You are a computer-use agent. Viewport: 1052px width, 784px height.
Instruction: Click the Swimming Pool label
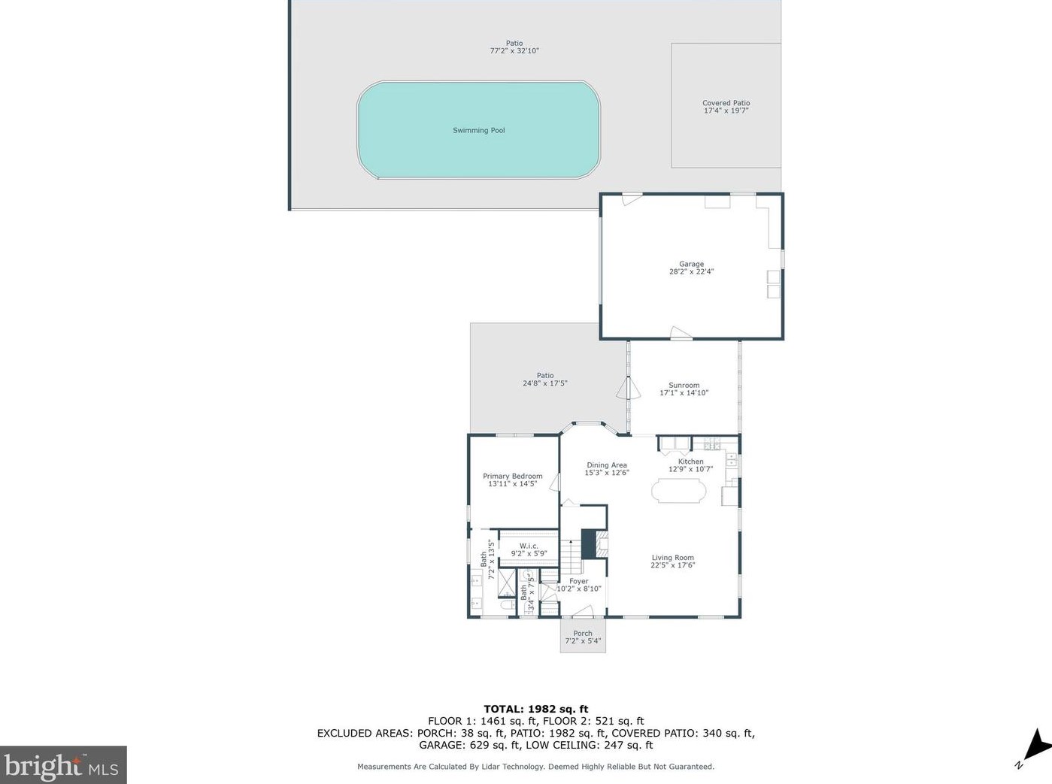(478, 131)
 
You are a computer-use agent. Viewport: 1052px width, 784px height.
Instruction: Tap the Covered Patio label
(726, 103)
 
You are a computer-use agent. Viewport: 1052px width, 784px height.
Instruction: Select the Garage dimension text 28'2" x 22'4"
(691, 272)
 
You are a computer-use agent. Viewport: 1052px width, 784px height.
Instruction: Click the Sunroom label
(684, 385)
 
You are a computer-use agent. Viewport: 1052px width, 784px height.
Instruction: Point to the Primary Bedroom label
(512, 476)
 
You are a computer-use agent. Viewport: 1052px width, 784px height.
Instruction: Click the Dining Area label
(606, 465)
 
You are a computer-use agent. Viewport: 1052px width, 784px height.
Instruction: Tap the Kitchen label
(690, 462)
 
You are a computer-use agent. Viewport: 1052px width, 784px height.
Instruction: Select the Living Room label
(672, 558)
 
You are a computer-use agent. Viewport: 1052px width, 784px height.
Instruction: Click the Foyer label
(578, 581)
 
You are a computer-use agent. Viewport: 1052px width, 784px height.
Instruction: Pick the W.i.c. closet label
(529, 546)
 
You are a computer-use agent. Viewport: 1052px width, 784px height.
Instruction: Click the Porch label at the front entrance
(583, 634)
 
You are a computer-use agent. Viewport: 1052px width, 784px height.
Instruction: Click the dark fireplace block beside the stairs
(588, 544)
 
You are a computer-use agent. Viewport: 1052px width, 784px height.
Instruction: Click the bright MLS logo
(62, 765)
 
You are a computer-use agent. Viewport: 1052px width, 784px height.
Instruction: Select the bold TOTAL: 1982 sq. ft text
(535, 709)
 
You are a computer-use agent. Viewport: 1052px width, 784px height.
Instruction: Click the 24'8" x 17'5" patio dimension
(544, 383)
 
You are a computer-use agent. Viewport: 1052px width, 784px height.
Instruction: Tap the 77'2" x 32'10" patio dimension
(514, 51)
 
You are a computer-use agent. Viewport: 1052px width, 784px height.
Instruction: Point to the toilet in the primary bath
(507, 604)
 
